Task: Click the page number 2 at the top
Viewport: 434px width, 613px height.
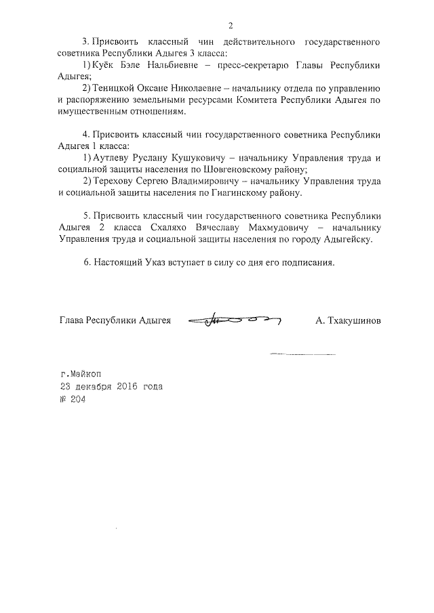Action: pos(231,26)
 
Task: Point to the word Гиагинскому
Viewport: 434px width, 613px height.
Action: pos(234,193)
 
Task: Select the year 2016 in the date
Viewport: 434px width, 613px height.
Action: pos(130,386)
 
